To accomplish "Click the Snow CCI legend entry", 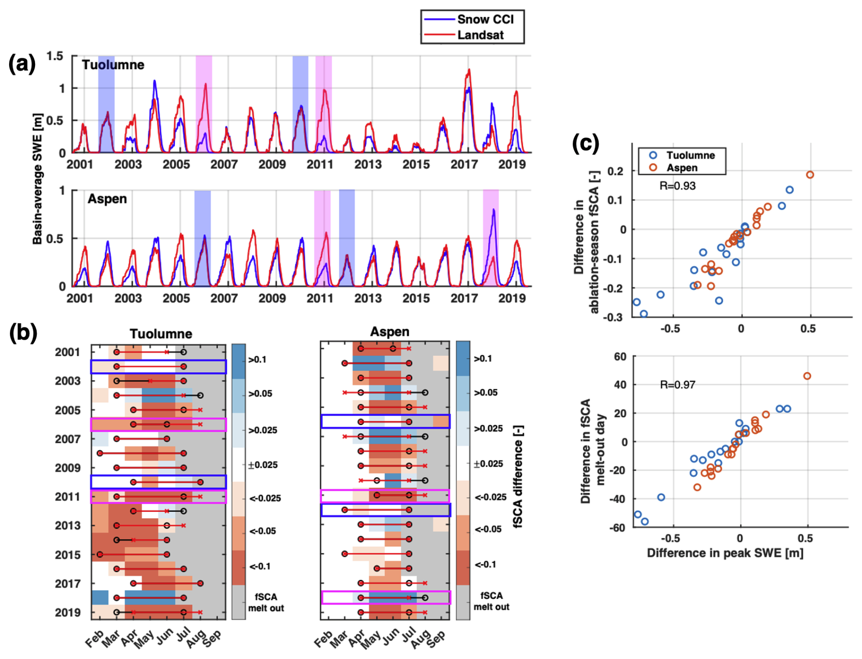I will (x=485, y=20).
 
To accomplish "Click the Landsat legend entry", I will (x=480, y=35).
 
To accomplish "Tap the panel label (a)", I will (x=22, y=64).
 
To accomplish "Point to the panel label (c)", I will (x=585, y=144).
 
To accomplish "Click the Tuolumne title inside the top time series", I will (x=113, y=65).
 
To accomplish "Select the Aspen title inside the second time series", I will (x=107, y=199).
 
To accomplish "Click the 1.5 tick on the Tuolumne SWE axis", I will (x=55, y=56).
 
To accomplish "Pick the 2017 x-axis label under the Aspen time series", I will (x=464, y=298).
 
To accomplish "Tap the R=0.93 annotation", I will (x=677, y=186).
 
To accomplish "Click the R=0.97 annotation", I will (x=677, y=385).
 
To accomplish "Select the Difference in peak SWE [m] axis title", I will (x=725, y=553).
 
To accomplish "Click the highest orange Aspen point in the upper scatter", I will (x=810, y=175).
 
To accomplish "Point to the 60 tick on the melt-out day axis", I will (x=620, y=356).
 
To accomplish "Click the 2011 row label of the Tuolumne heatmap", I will (x=67, y=497).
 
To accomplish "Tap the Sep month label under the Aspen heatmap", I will (x=436, y=639).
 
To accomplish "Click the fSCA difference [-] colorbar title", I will (x=518, y=476).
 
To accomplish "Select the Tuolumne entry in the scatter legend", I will (x=690, y=155).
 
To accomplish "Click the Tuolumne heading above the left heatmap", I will (x=160, y=334).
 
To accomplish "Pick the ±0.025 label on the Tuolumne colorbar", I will (x=263, y=465).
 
